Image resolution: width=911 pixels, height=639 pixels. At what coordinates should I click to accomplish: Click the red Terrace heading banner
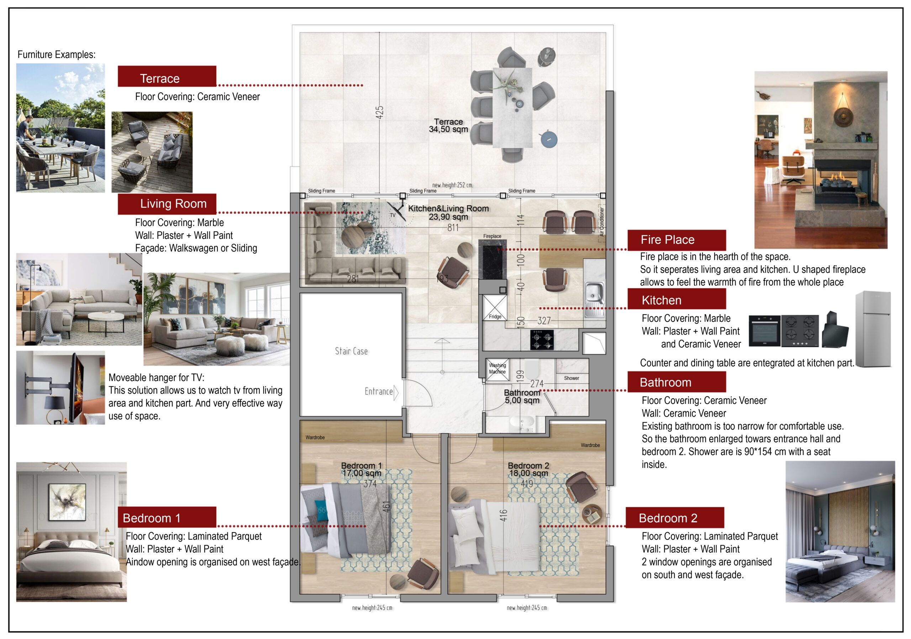click(167, 76)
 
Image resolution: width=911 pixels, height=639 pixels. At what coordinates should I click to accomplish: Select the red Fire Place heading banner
click(676, 240)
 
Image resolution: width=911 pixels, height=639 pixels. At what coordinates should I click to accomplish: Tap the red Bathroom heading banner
click(676, 382)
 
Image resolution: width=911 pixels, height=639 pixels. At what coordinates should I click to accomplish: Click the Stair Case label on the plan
click(351, 351)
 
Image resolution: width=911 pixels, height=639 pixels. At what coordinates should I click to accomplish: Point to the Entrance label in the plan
click(379, 391)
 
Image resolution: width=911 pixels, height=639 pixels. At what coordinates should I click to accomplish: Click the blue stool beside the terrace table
click(549, 139)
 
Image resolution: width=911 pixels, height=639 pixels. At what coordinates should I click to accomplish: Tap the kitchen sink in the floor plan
click(594, 300)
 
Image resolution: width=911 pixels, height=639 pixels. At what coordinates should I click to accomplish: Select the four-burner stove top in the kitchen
click(542, 340)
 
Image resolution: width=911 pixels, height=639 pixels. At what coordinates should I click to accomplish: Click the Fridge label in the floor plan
click(495, 317)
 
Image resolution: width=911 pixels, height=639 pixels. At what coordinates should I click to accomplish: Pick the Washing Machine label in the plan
click(497, 369)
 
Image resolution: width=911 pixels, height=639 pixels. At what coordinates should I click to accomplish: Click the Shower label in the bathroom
click(572, 378)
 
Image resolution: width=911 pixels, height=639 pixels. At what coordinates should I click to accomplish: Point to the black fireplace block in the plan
click(493, 262)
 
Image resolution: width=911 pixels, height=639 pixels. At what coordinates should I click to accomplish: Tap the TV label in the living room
click(393, 215)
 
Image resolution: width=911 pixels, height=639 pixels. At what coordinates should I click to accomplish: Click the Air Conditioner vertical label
click(601, 222)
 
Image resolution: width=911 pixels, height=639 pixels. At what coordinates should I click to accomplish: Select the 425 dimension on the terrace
click(379, 112)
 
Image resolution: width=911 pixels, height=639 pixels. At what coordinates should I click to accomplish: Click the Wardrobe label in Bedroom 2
click(590, 445)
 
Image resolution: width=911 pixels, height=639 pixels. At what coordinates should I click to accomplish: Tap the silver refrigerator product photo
click(873, 329)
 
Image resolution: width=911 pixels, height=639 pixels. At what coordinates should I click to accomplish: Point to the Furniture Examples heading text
click(56, 54)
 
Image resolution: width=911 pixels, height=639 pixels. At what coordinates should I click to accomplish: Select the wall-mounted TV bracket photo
click(60, 387)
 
